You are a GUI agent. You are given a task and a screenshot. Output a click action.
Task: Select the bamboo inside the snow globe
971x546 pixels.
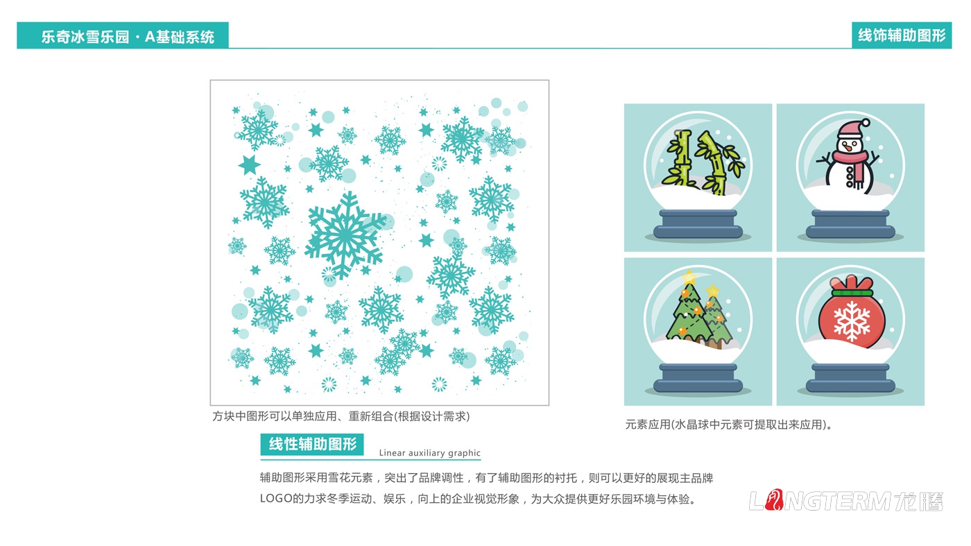click(697, 162)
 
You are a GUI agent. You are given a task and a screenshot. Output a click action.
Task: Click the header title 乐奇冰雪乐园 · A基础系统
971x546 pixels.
click(128, 37)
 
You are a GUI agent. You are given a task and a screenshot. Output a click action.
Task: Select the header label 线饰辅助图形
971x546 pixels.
click(902, 35)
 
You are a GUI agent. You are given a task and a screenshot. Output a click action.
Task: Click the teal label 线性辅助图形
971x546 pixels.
click(312, 445)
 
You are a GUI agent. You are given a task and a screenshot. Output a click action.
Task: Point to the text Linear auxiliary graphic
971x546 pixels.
click(429, 453)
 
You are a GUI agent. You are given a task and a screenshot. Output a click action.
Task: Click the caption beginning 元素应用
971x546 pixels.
click(728, 425)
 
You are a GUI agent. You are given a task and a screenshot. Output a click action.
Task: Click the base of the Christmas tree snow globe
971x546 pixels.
click(698, 379)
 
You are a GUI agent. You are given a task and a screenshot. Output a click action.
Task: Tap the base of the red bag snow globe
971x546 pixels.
click(850, 379)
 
